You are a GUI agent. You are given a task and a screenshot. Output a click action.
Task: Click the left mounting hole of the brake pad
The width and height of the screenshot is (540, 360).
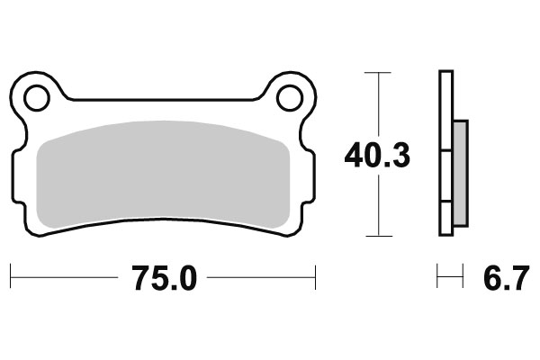point(36,97)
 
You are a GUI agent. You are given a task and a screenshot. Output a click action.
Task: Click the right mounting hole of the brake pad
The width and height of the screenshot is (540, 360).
point(290,97)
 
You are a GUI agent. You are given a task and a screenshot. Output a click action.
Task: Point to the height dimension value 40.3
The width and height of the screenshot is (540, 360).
point(377,155)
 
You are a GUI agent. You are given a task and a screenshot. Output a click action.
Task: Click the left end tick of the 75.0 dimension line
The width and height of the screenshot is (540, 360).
point(10,278)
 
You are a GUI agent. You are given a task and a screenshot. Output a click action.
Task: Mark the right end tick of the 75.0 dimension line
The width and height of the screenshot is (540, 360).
point(316,278)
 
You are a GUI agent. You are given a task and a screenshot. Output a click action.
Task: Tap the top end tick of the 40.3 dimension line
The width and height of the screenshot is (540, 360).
point(378,71)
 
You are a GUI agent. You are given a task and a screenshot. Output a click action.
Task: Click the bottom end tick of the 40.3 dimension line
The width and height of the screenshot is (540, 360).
point(378,236)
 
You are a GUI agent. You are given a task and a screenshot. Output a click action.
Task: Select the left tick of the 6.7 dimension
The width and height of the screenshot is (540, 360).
point(437,278)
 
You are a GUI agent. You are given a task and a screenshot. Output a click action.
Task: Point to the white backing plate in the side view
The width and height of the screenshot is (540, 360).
point(445,153)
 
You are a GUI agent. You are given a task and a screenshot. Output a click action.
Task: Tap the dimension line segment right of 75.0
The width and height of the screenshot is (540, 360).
point(261,278)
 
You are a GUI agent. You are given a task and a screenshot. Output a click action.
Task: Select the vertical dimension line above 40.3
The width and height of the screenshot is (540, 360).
point(378,103)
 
